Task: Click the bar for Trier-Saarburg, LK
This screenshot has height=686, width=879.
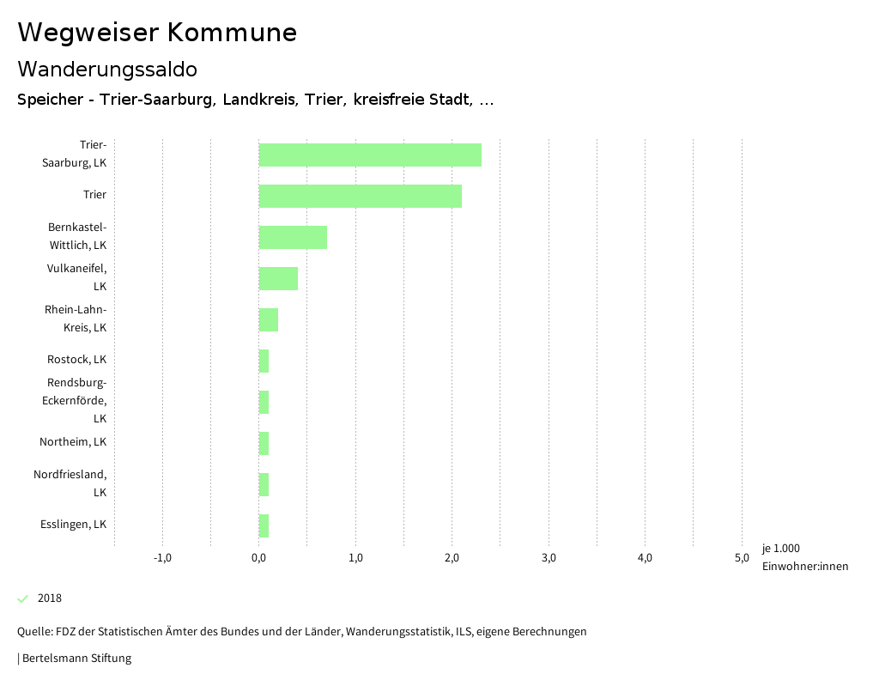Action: coord(370,155)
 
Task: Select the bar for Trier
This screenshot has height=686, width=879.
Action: coord(361,196)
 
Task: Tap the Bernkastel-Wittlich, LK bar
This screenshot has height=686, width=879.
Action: coord(293,237)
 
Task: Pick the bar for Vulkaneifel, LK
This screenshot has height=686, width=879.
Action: coord(278,278)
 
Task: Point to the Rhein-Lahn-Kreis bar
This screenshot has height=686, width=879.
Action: coord(269,319)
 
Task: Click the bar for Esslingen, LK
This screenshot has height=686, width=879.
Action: coord(264,525)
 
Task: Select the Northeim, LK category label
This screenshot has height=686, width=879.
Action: coord(73,442)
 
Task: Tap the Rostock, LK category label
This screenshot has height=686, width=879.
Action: coord(76,360)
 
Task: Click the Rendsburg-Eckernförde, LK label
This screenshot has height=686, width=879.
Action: coord(75,400)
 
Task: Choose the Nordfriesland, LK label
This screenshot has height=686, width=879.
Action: coord(70,483)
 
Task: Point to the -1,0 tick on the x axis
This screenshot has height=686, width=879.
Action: coord(162,558)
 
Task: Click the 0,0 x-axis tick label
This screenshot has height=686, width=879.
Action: coord(258,558)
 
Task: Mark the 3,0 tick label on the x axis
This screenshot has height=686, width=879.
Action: coord(549,558)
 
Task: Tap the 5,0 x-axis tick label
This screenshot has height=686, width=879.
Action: coord(742,558)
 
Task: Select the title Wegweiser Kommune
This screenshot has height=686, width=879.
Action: coord(157,33)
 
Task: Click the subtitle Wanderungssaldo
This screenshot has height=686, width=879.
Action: coord(107,69)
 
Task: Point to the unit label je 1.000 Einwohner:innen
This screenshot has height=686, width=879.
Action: coord(804,557)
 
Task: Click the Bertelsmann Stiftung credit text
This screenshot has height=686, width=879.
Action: coord(76,659)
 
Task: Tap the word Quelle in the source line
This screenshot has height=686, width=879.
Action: coord(33,632)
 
